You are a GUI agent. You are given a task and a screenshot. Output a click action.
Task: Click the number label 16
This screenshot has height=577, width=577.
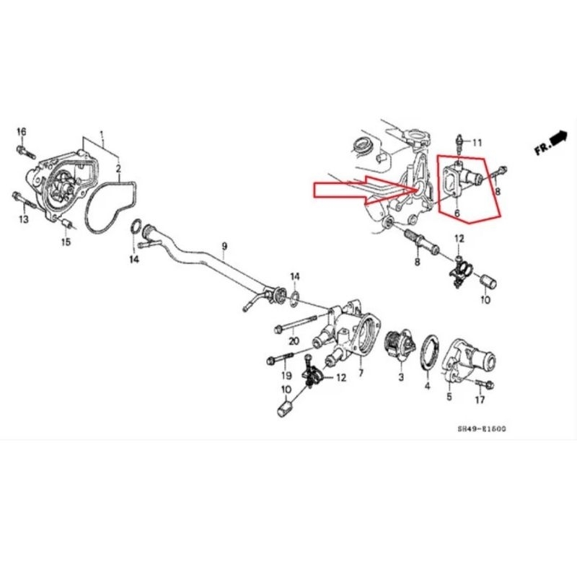22,131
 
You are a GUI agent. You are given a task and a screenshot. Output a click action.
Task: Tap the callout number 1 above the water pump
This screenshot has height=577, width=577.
102,135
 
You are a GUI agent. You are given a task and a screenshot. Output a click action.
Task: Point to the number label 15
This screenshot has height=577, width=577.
66,242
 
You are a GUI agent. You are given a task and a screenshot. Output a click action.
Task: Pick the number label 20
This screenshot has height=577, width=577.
294,340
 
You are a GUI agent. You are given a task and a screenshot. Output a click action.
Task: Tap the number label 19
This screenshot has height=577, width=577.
286,375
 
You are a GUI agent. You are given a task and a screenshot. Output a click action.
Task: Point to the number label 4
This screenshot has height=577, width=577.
427,387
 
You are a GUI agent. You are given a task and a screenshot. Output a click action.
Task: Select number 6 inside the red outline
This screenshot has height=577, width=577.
456,213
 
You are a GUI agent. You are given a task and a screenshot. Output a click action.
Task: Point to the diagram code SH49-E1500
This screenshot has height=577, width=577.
481,428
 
